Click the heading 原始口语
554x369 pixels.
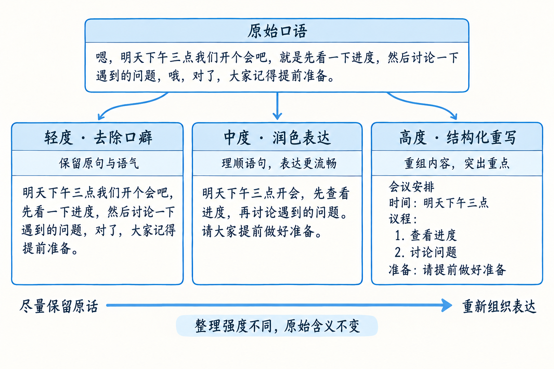[277, 31]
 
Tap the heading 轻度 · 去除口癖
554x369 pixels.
[98, 138]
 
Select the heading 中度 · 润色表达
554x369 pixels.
[277, 138]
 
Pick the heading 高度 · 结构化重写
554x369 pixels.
[458, 138]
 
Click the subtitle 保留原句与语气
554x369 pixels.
[99, 164]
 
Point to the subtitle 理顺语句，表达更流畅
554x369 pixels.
[279, 164]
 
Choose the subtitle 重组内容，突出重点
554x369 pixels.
[457, 164]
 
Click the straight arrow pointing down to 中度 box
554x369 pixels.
[277, 106]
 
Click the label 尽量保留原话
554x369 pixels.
[59, 306]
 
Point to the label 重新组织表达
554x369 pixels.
[499, 306]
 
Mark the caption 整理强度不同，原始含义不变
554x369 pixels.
[277, 326]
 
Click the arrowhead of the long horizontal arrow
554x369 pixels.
[447, 305]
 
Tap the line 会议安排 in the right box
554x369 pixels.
[411, 187]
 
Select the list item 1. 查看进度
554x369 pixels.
[426, 235]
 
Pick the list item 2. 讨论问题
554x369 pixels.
[426, 252]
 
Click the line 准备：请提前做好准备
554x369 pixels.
[447, 270]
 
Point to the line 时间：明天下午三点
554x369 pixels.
[439, 203]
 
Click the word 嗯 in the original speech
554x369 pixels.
[101, 58]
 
